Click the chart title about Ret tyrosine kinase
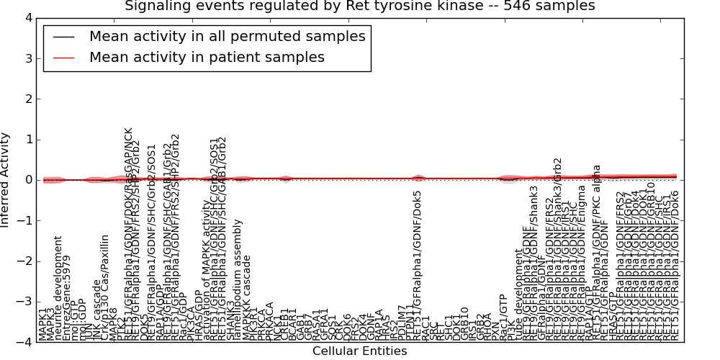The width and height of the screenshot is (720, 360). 360,6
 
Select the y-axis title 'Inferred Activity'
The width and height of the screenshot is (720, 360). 6,180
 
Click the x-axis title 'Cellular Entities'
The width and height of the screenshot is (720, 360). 360,351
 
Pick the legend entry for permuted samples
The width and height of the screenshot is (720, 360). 227,37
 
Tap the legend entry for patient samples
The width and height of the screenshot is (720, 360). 207,57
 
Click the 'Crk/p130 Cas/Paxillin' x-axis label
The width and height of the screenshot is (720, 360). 106,287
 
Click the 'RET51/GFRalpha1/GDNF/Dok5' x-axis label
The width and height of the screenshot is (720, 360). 417,267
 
